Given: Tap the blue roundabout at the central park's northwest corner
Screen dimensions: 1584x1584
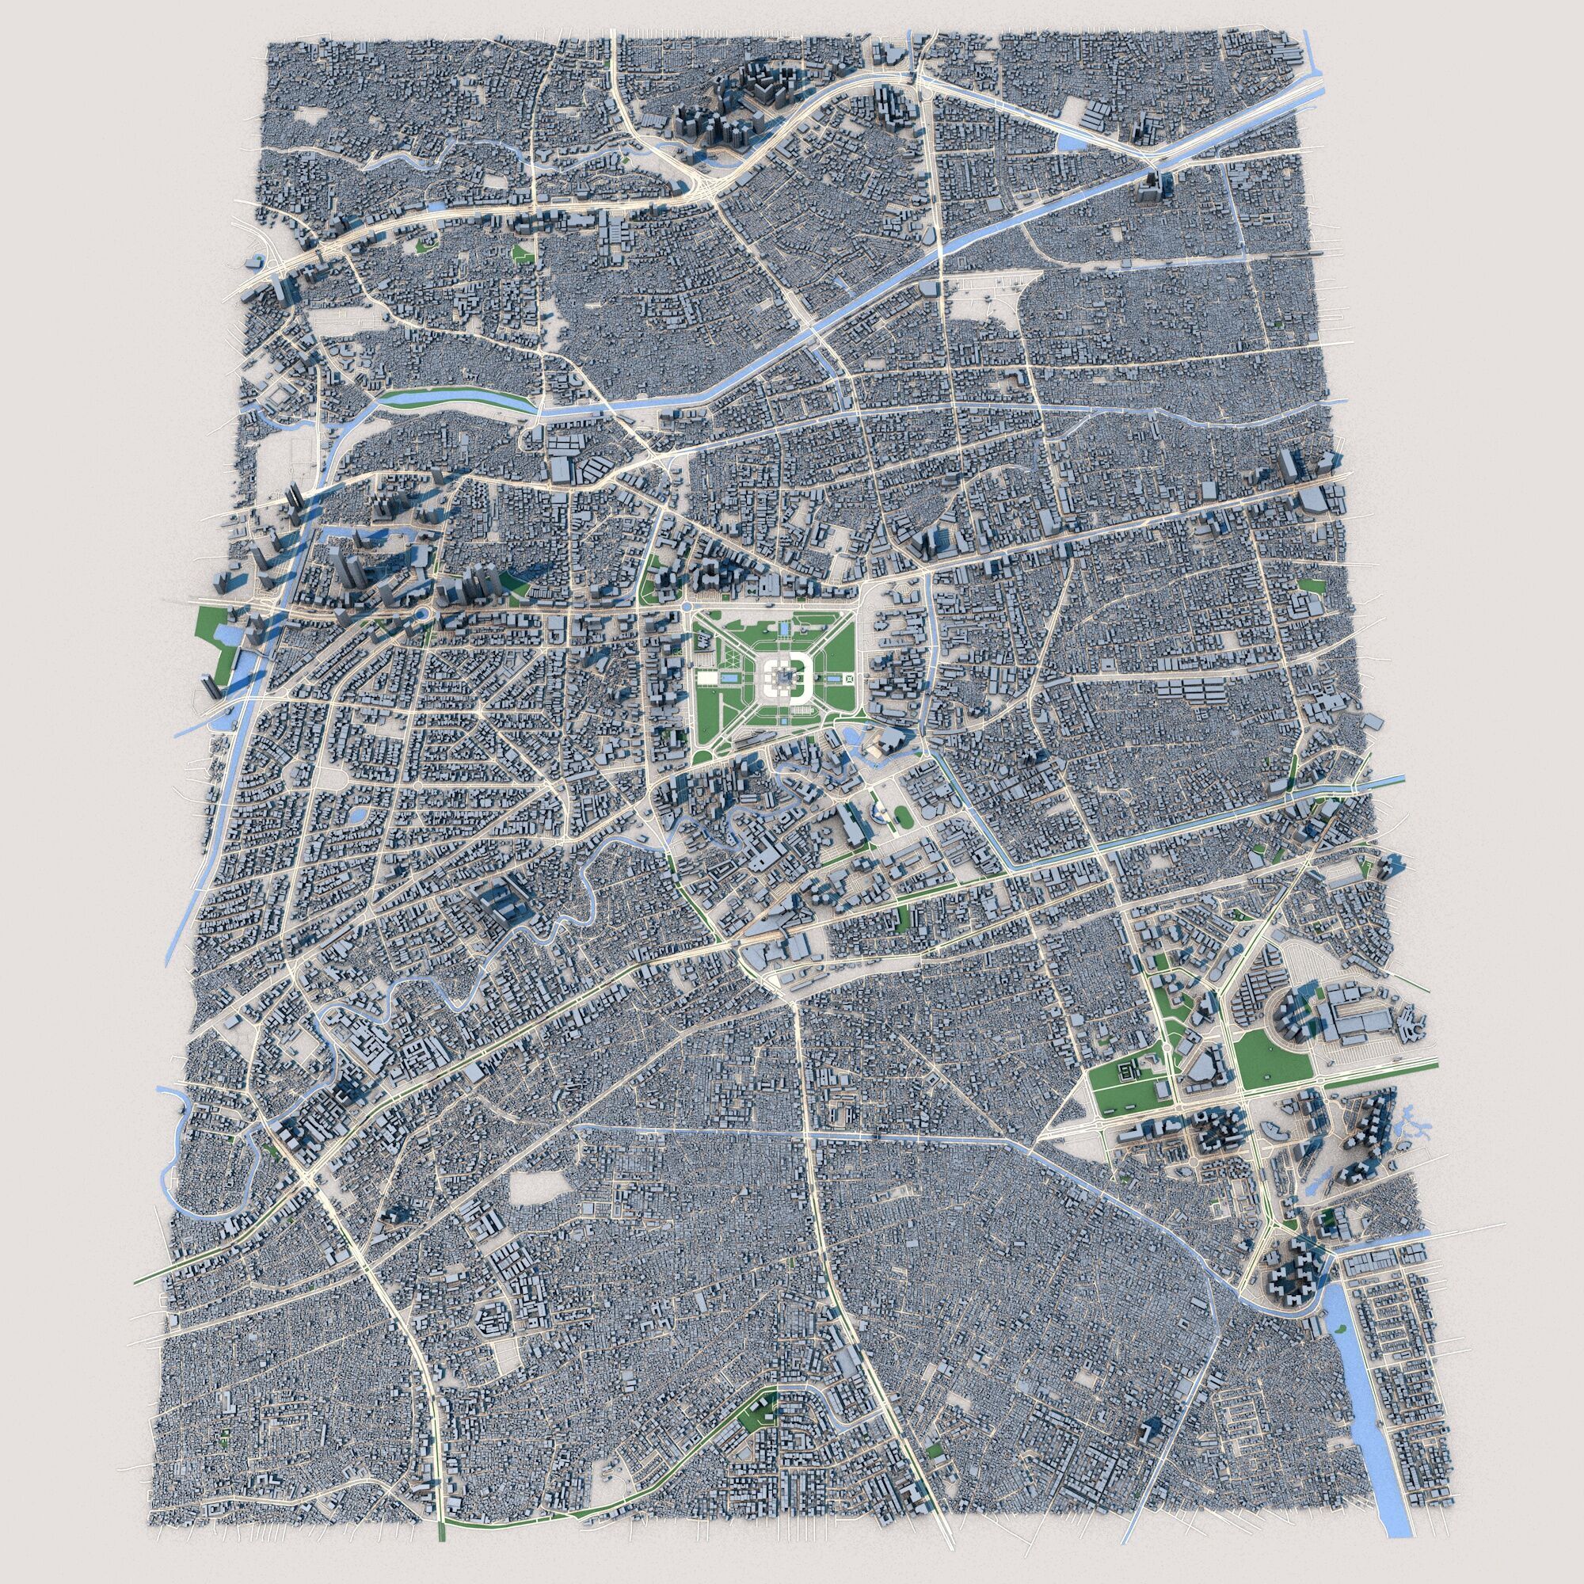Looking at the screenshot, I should [684, 607].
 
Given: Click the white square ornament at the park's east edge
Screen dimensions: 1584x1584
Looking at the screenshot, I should [849, 678].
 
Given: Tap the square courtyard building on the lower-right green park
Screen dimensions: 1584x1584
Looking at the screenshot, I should [1130, 1069].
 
